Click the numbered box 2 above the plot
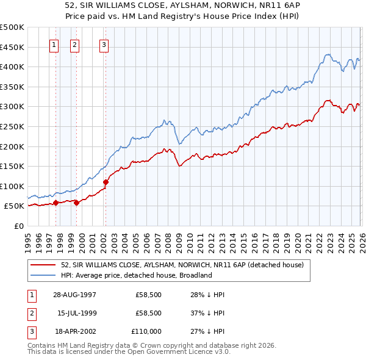(x=75, y=44)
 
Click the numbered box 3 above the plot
(x=105, y=44)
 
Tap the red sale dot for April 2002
(x=106, y=182)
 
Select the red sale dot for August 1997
(x=56, y=203)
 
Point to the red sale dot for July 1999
(x=76, y=203)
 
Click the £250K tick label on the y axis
(x=12, y=126)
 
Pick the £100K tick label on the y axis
(x=12, y=186)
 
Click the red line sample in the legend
(x=43, y=265)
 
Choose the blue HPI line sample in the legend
(x=43, y=275)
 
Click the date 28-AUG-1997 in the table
(x=74, y=295)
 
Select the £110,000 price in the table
(x=146, y=331)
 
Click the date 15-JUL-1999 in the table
(x=76, y=313)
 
